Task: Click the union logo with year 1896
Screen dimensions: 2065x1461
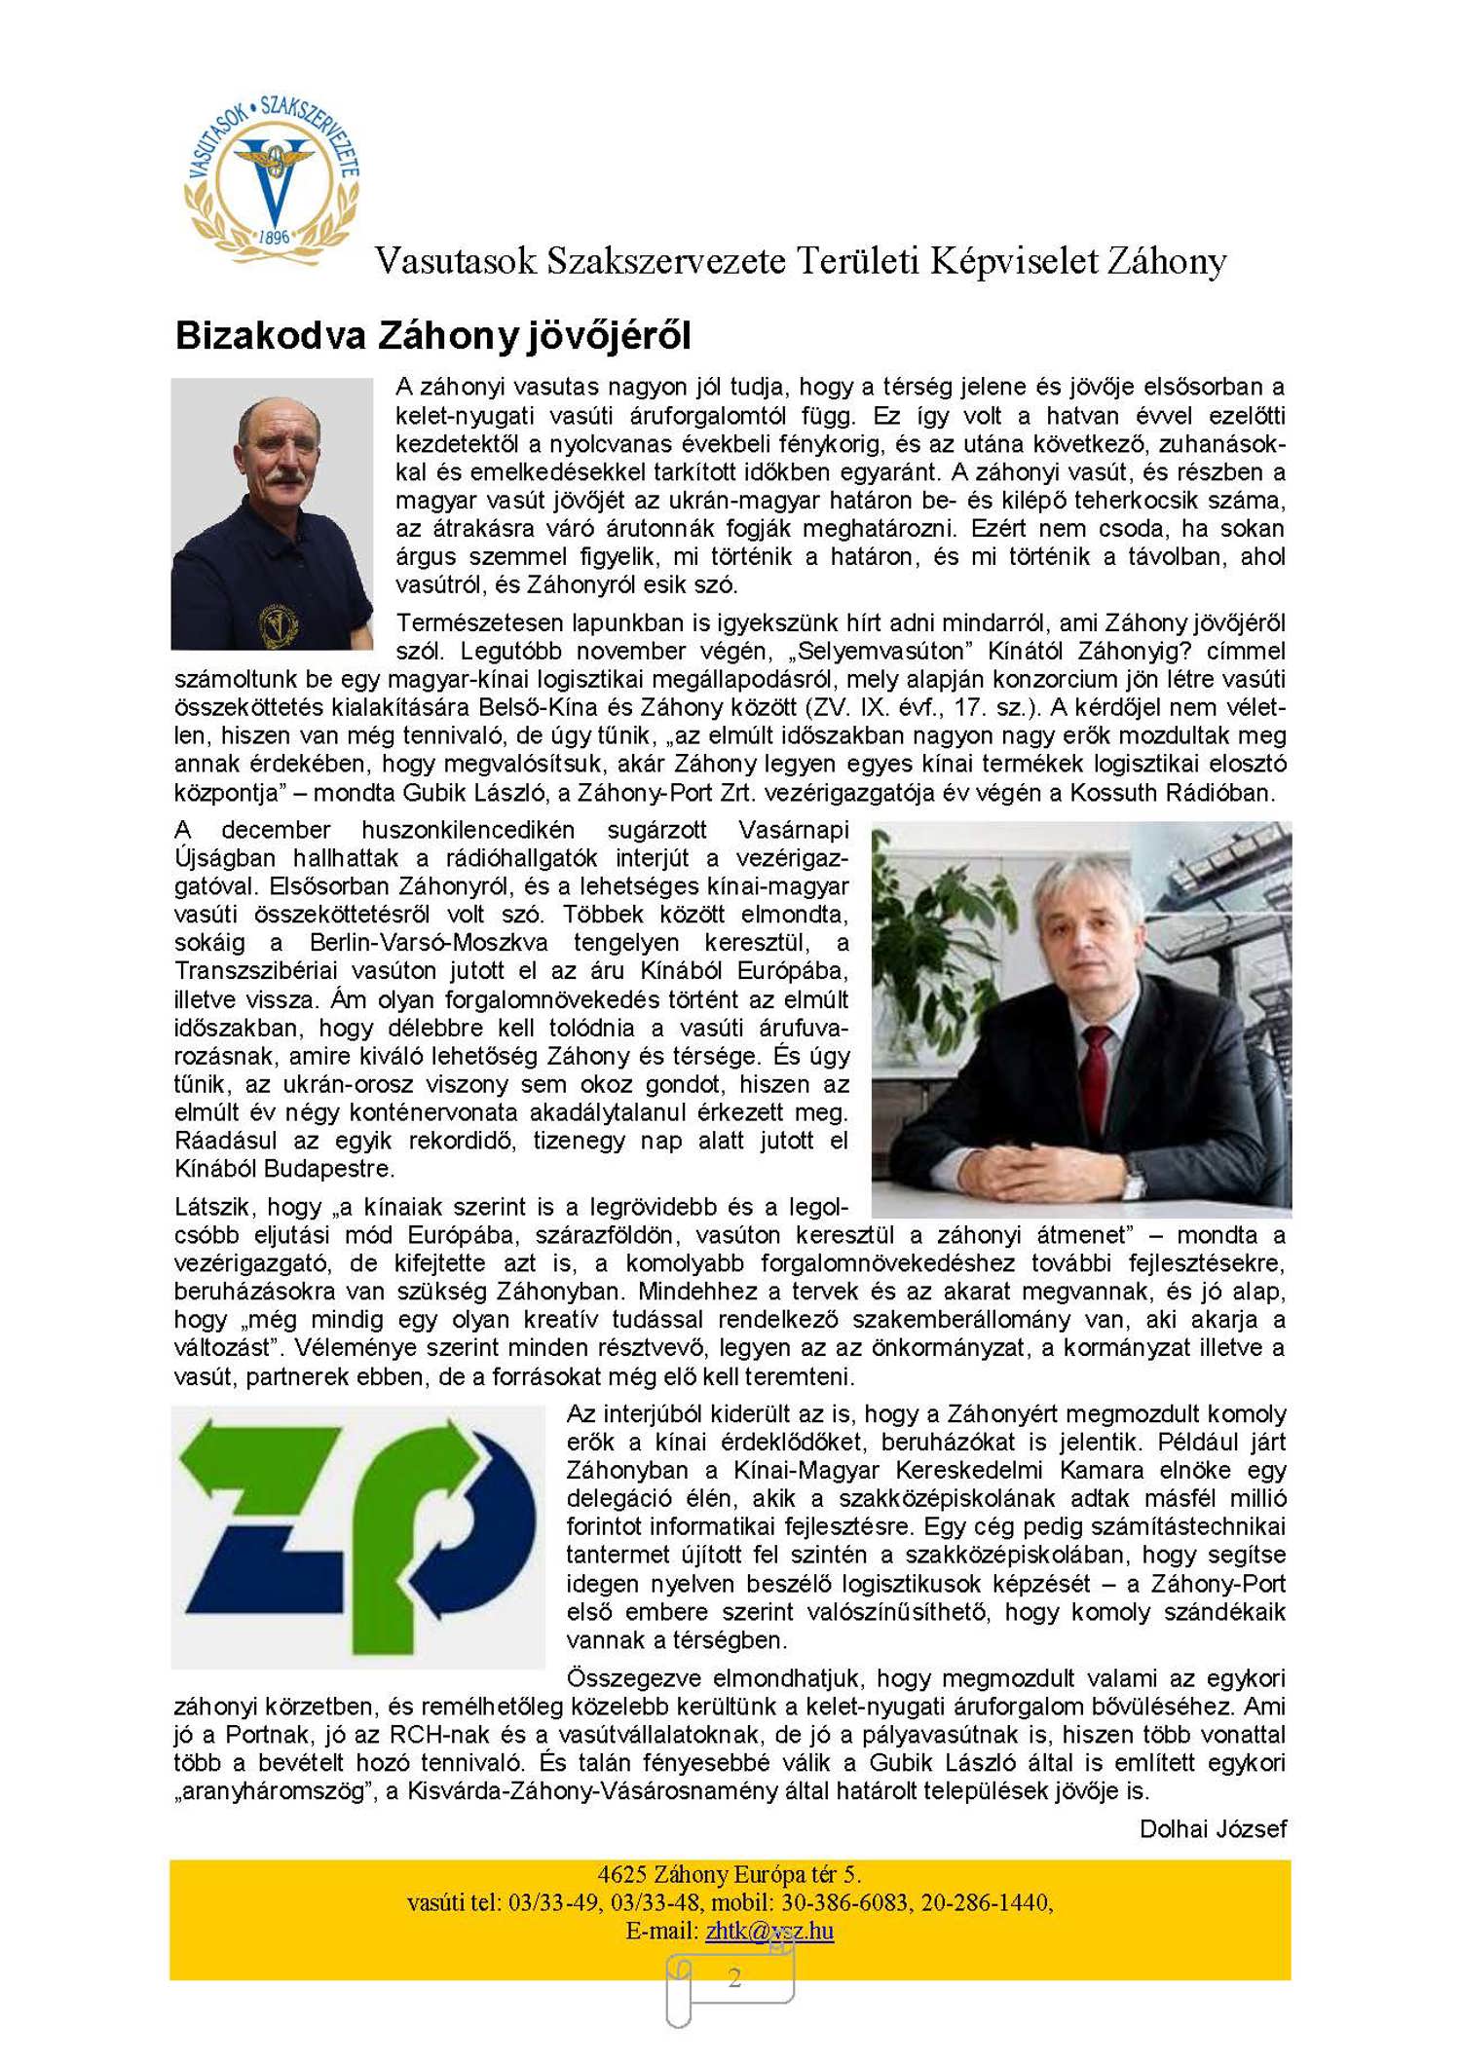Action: [273, 181]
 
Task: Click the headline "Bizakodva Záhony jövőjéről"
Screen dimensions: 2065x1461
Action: [432, 336]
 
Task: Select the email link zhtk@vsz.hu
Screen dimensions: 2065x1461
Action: [769, 1930]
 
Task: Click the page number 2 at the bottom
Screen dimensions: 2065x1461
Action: [734, 1976]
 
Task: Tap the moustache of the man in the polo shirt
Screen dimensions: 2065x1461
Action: [282, 478]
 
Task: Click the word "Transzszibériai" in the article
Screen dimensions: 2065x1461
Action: [256, 971]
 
